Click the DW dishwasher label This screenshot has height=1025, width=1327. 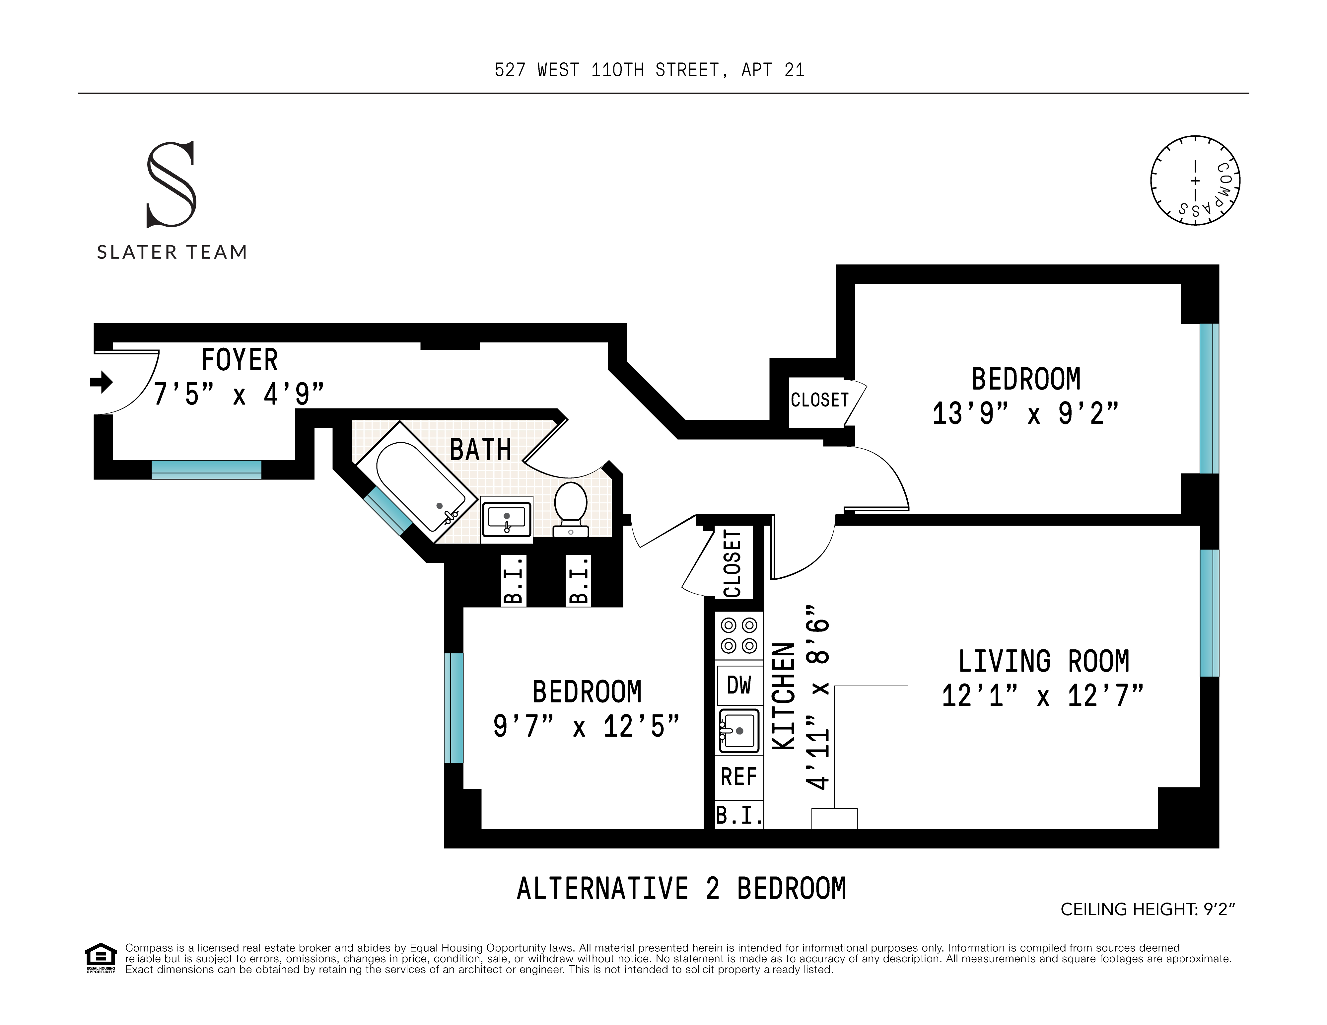pos(739,685)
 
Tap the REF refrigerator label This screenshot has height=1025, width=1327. pos(739,776)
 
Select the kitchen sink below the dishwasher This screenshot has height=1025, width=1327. pos(739,731)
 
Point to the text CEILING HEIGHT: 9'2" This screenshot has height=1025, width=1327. pos(1147,909)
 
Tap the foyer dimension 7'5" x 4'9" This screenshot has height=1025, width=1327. pos(238,394)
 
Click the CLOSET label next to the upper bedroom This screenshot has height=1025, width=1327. pos(819,401)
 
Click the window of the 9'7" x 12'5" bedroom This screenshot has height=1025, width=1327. pos(453,708)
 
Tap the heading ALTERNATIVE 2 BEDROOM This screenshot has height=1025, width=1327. pos(681,888)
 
